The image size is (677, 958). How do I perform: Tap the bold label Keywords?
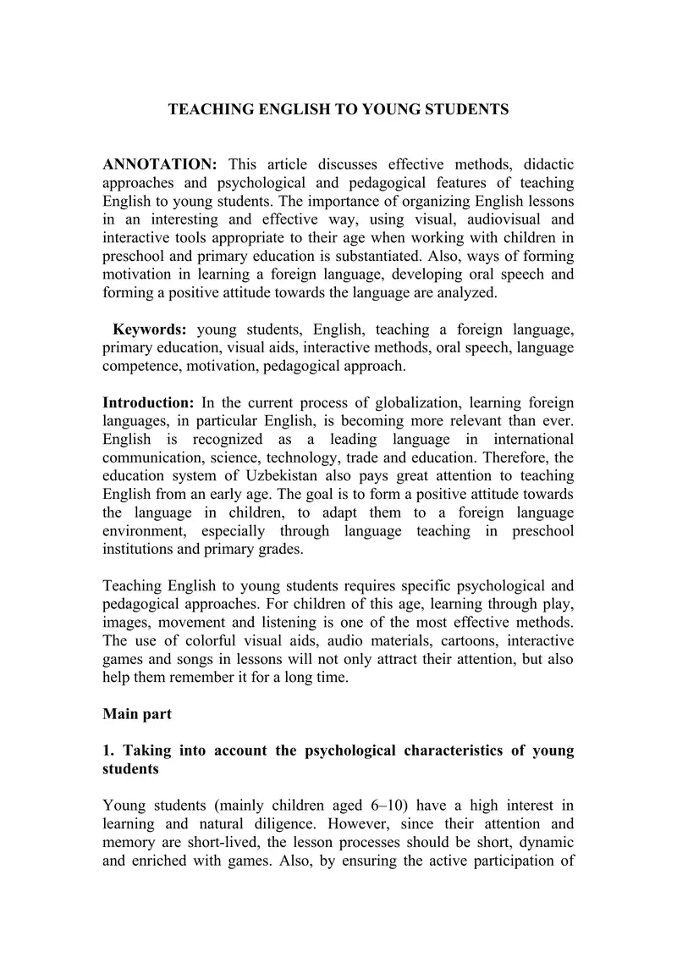[x=150, y=329]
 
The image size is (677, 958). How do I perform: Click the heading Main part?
[x=137, y=714]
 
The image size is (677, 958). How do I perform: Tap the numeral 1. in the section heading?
[x=108, y=750]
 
